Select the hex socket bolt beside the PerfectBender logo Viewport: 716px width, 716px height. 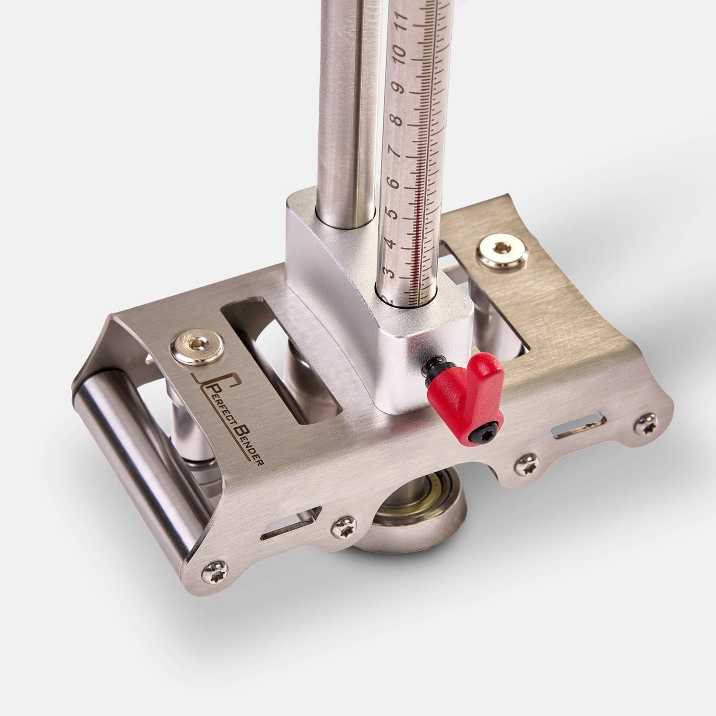coord(198,345)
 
